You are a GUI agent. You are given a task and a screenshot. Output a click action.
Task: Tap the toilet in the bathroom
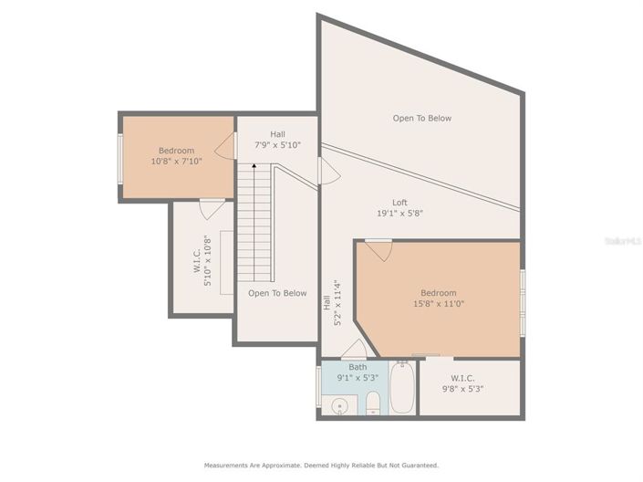[372, 403]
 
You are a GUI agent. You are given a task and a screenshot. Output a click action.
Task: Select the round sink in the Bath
[339, 405]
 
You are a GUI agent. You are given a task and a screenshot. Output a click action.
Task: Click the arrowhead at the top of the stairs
[254, 167]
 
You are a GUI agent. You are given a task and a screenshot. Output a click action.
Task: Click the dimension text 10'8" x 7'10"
[176, 161]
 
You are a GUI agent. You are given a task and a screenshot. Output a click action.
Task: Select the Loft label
[399, 203]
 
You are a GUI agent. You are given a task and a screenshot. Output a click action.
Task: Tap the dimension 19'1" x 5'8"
[399, 214]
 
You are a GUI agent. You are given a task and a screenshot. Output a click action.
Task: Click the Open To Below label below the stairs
[277, 293]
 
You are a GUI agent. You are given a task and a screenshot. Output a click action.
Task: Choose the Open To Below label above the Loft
[421, 118]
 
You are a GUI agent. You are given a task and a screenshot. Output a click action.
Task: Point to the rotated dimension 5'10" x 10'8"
[208, 261]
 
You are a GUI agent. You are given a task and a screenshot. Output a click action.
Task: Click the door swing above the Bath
[355, 349]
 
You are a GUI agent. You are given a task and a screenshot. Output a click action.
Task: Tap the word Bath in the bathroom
[358, 367]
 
